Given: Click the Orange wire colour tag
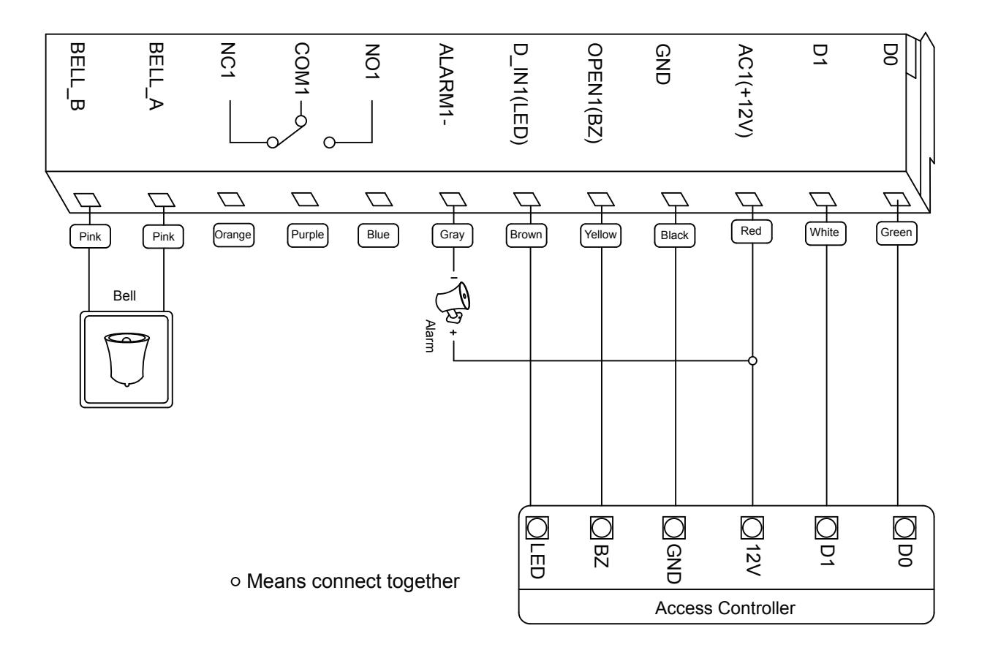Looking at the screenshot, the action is [x=233, y=235].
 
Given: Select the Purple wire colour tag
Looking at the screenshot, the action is [x=308, y=235].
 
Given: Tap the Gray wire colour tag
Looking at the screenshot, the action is [x=452, y=235].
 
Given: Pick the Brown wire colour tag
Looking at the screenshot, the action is [x=526, y=235].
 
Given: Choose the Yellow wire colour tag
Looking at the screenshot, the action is [x=600, y=235].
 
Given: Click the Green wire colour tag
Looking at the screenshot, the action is [x=896, y=233].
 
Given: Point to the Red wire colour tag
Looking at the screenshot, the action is [x=752, y=232].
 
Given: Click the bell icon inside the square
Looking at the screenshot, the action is [x=126, y=360].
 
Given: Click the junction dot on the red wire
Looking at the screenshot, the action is [x=752, y=361].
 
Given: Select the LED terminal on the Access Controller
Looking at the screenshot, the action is [x=537, y=528].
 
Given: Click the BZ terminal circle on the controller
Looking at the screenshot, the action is [x=602, y=528].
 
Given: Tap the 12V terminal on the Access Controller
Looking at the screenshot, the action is [x=752, y=528].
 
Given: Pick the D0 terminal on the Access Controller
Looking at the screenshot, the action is [x=904, y=528].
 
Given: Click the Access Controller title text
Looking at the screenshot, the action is [x=725, y=608].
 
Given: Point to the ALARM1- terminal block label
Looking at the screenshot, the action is [x=447, y=84].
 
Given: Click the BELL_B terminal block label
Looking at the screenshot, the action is [x=78, y=77].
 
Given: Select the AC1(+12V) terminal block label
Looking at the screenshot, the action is [x=745, y=91].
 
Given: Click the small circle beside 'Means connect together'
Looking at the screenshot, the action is [x=235, y=581].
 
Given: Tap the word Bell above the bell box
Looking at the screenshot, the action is [x=124, y=295].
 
